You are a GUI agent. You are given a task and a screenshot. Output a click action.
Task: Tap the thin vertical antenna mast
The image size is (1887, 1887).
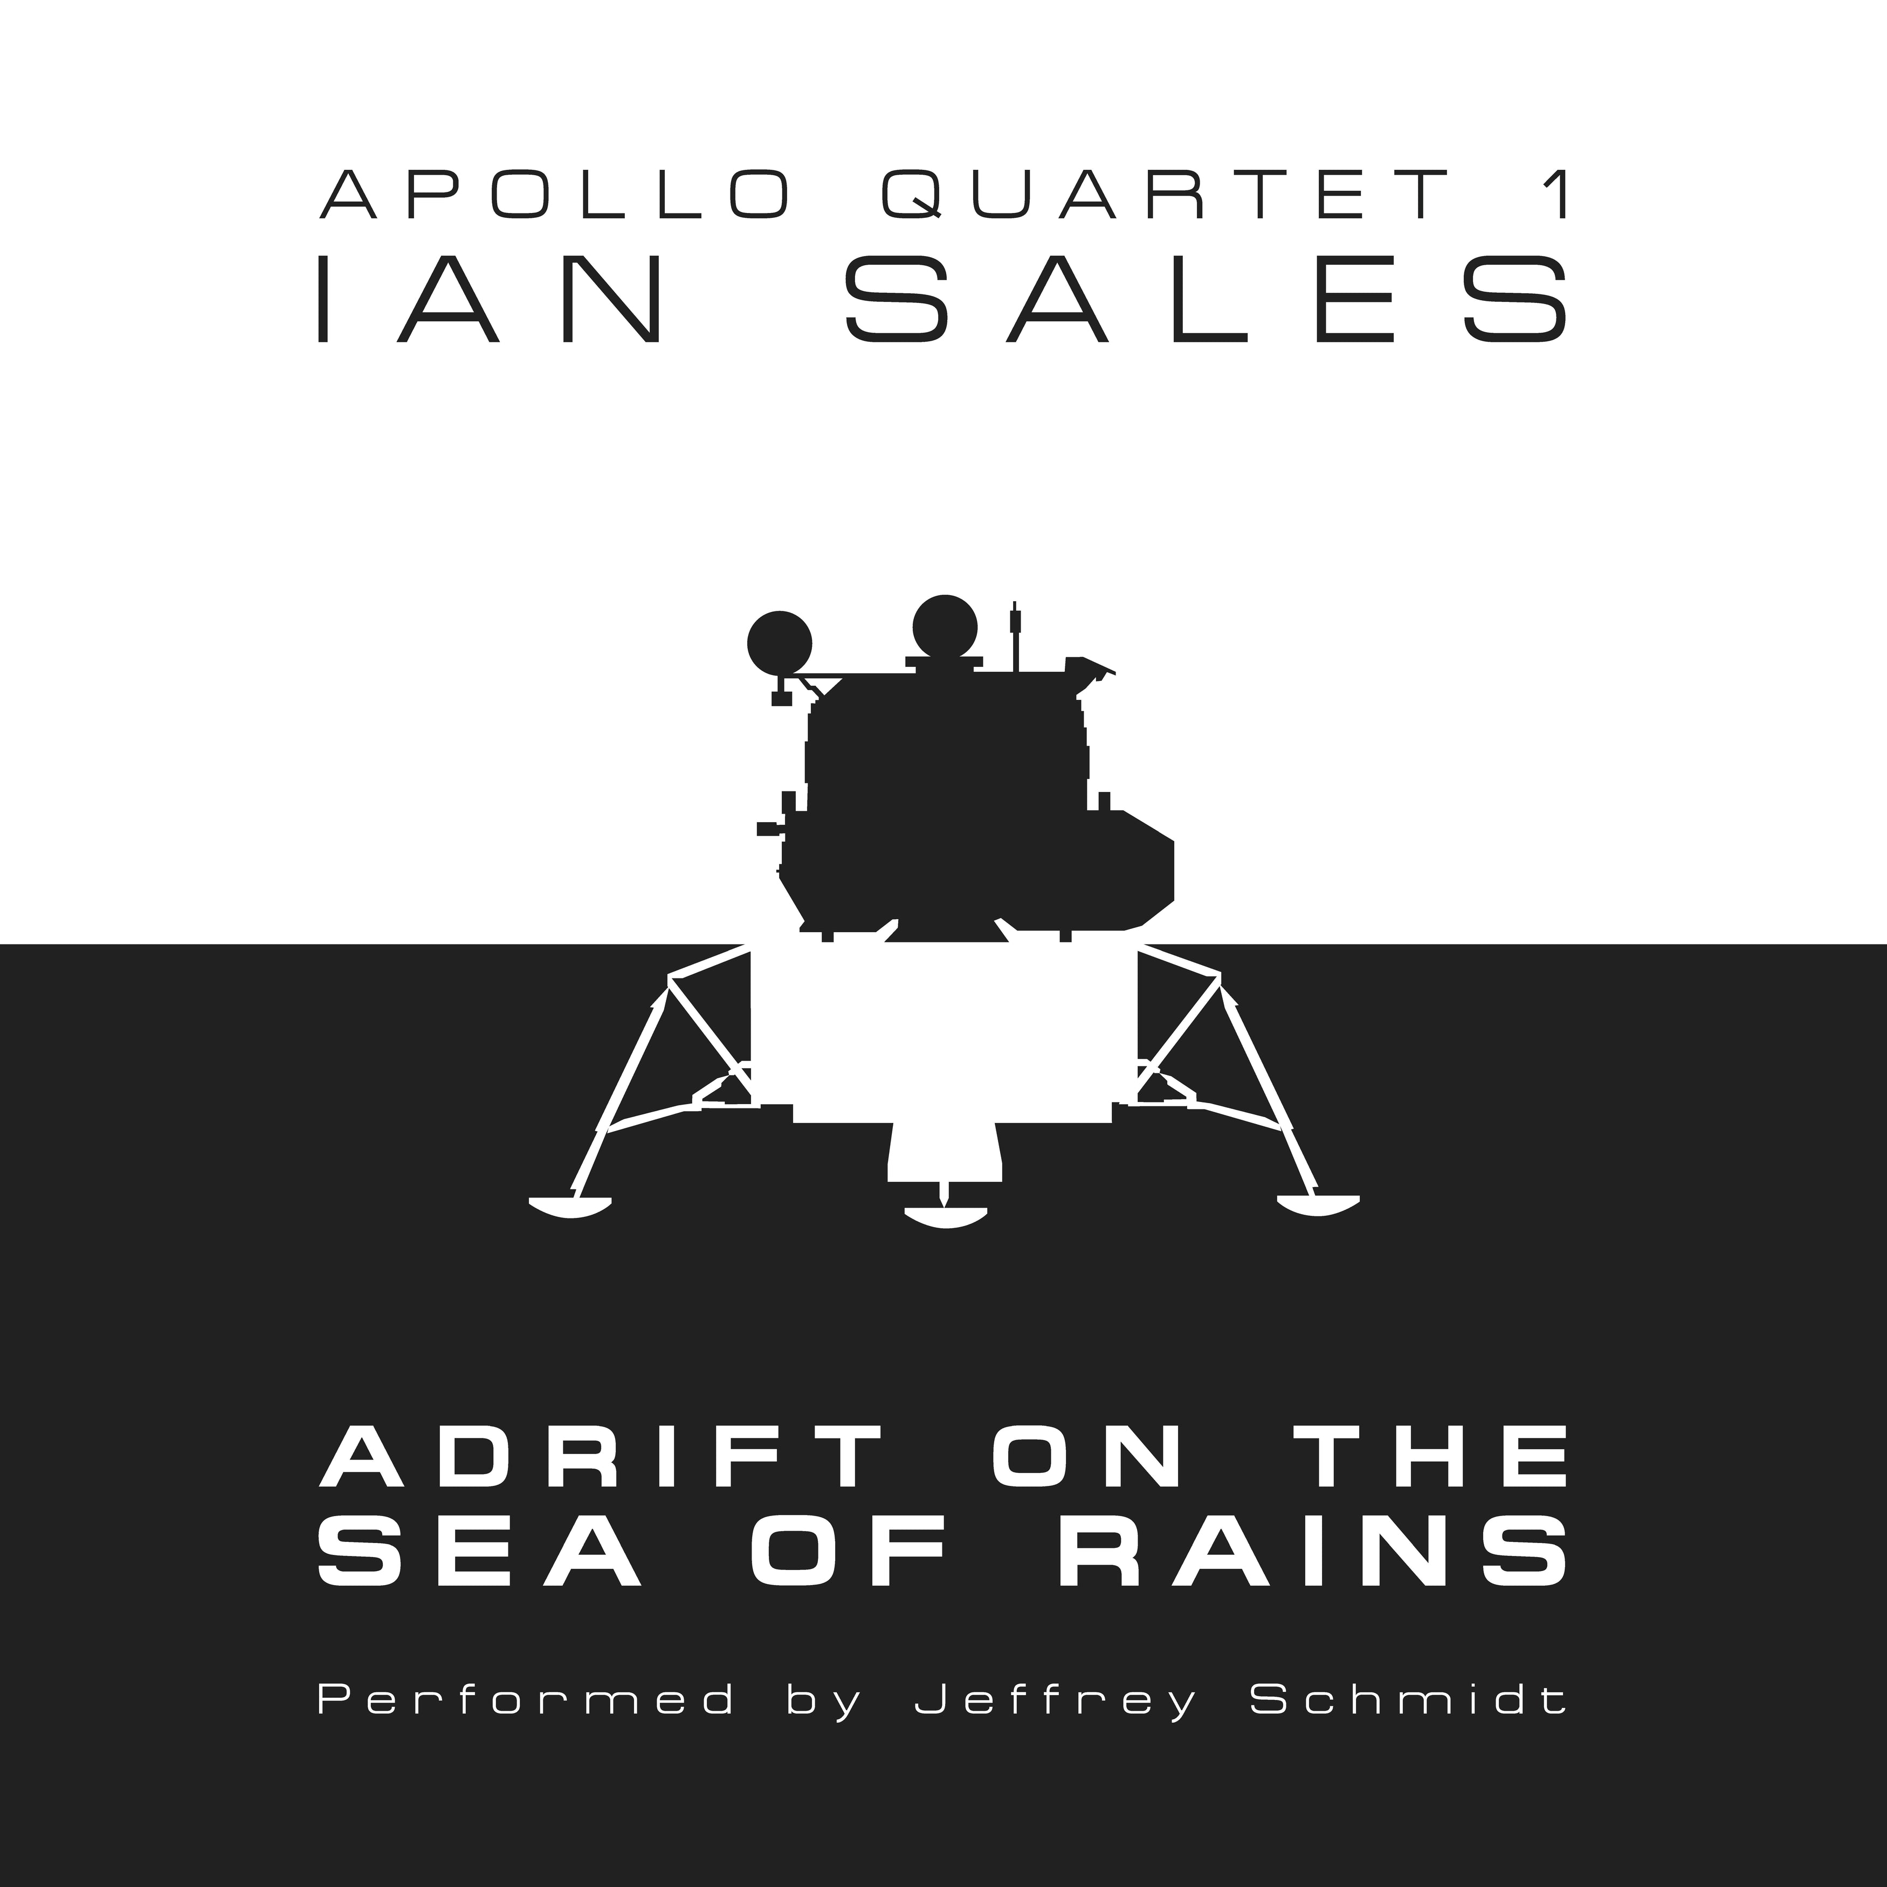pos(1016,635)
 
